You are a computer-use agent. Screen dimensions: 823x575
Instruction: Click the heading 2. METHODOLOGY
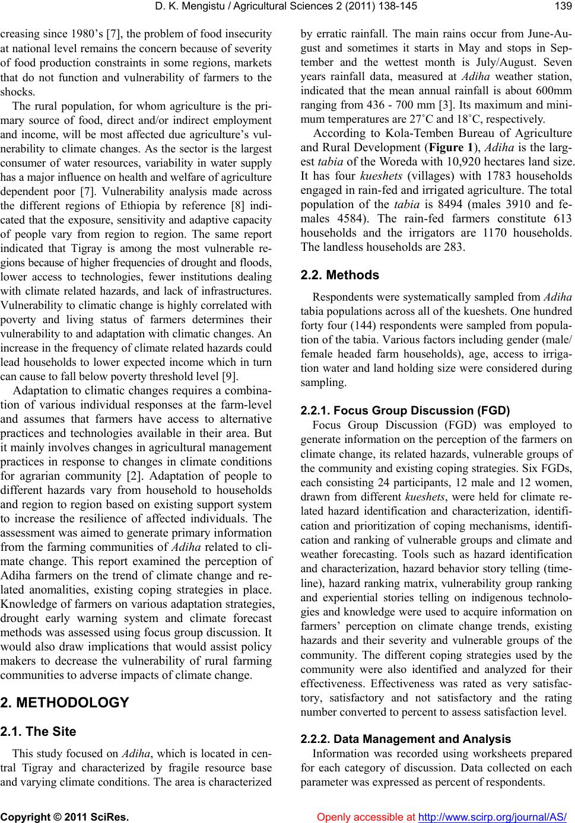click(65, 703)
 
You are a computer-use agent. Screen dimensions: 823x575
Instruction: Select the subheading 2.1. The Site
click(39, 732)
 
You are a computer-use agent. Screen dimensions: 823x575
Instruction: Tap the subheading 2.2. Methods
click(341, 275)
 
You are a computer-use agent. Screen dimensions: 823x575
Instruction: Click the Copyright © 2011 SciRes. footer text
click(65, 816)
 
